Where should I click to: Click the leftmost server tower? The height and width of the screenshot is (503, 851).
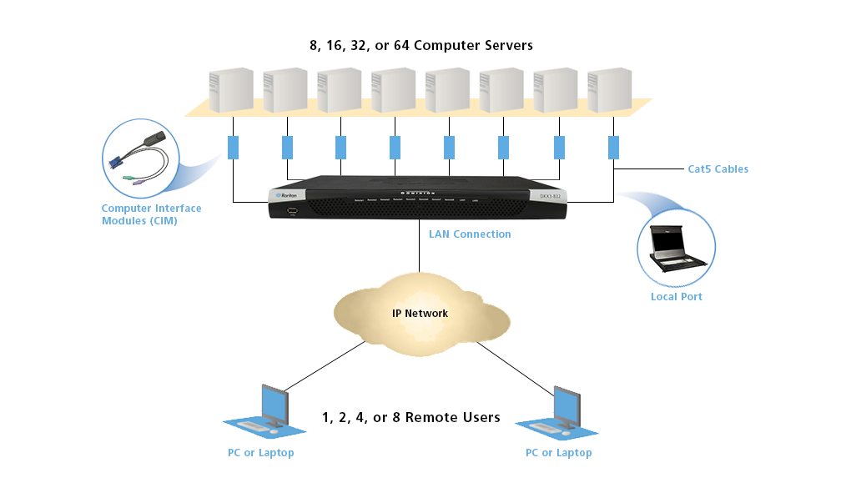(x=231, y=90)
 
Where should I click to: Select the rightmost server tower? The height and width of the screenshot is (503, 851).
(x=610, y=90)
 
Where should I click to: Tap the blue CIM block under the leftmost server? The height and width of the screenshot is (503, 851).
(x=234, y=148)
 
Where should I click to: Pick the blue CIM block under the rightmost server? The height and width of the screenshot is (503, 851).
(x=614, y=148)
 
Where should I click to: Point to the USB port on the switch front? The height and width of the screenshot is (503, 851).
(x=291, y=210)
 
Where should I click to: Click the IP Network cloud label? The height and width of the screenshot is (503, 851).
(x=420, y=314)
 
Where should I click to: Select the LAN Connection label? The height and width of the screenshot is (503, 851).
(x=470, y=234)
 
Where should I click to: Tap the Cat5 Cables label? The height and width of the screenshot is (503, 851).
(x=718, y=169)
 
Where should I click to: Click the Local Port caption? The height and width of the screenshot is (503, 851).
(x=676, y=297)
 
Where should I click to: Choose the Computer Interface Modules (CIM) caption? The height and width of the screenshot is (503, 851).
(x=151, y=214)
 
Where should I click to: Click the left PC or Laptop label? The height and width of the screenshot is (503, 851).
(x=260, y=453)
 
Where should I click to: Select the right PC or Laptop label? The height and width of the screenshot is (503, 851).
(x=558, y=453)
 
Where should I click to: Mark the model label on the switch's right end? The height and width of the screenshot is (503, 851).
(x=547, y=197)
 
